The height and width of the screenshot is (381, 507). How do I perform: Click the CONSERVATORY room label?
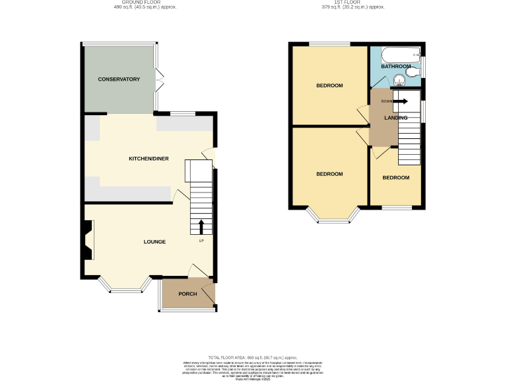(119, 79)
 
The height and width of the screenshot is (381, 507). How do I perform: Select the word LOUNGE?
(154, 241)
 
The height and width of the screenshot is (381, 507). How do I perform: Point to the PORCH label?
(187, 294)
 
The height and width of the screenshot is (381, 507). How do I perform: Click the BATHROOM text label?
(395, 67)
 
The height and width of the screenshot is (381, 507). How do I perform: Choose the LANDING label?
(396, 118)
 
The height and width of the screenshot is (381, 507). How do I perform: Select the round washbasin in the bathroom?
(398, 81)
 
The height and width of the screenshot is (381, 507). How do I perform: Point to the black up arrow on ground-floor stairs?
(201, 227)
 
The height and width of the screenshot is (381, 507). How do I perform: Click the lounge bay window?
(125, 288)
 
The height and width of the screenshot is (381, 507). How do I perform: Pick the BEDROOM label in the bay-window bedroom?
(329, 174)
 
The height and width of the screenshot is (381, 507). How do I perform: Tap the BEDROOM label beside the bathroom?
(329, 85)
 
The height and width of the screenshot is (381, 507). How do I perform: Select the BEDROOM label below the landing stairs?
(396, 178)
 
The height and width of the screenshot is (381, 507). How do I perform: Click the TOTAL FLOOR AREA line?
(254, 357)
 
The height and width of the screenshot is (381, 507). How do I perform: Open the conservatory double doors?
(158, 80)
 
